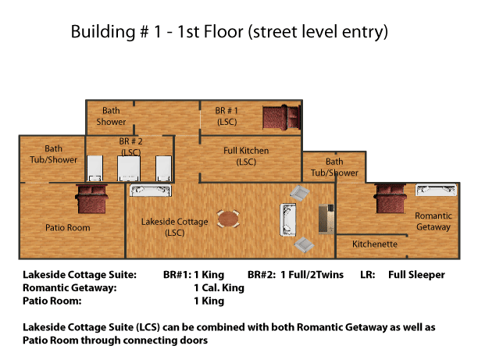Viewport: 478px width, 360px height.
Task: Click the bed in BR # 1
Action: coord(282,118)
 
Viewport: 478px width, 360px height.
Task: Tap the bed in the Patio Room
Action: coord(91,199)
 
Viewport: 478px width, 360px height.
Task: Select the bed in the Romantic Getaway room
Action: coord(391,198)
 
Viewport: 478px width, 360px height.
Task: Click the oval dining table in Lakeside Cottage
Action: coord(228,219)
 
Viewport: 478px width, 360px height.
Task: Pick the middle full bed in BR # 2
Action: coord(129,169)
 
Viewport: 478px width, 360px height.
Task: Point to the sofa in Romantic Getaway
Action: coord(437,190)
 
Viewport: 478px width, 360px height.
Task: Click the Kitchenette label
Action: coord(375,244)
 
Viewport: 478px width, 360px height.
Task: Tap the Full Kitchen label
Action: coord(246,155)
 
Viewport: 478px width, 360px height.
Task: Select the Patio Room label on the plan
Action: coord(68,227)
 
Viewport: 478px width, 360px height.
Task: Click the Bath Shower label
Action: coord(111,116)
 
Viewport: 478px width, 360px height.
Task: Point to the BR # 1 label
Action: coord(227,116)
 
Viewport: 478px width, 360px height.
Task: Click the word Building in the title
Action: coord(103,32)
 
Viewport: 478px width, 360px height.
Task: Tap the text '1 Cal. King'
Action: coord(219,287)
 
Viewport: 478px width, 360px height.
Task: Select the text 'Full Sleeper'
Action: coord(416,275)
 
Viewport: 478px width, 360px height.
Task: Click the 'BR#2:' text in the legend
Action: coord(262,275)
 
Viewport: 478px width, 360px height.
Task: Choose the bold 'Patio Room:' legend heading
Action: coord(52,301)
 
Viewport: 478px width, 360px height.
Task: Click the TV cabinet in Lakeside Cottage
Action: coord(326,219)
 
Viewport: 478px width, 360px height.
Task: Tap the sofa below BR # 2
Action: coord(150,191)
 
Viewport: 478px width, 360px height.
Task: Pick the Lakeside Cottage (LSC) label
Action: coord(175,227)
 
